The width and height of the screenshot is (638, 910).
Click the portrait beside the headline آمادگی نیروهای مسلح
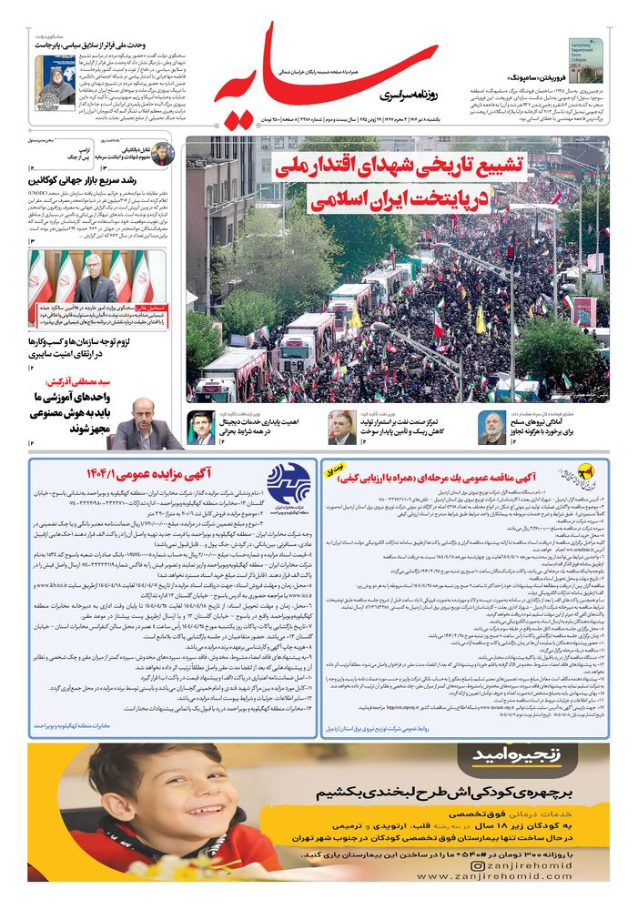pos(491,428)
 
